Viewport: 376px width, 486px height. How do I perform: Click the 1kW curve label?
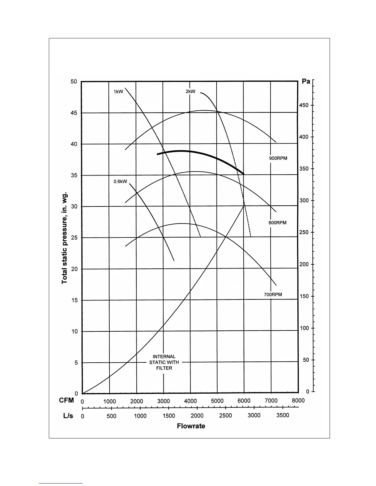[x=118, y=91]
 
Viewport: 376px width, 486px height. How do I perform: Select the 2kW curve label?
[x=190, y=91]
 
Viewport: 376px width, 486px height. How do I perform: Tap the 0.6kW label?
[x=120, y=181]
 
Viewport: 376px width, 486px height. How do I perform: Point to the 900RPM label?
[x=278, y=159]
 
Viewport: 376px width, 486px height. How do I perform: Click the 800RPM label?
[x=277, y=223]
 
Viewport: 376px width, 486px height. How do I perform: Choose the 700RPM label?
[x=273, y=295]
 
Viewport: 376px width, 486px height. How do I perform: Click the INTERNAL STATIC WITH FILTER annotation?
[x=164, y=362]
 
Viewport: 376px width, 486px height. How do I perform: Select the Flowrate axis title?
[x=191, y=426]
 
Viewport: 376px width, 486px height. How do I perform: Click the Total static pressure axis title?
[x=65, y=238]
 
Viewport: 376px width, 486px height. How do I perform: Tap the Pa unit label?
[x=306, y=81]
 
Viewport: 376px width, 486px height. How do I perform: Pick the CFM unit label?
[x=67, y=400]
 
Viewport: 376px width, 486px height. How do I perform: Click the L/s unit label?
[x=68, y=416]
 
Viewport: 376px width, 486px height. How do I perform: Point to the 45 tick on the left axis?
[x=74, y=113]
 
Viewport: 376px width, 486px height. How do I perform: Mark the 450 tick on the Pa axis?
[x=304, y=106]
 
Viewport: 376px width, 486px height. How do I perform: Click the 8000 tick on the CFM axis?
[x=298, y=400]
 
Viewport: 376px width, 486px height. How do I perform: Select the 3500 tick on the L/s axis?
[x=283, y=415]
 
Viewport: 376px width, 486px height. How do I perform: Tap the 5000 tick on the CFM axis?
[x=217, y=401]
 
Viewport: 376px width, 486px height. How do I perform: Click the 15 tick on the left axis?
[x=74, y=300]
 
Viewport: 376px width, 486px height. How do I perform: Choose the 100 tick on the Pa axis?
[x=304, y=328]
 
